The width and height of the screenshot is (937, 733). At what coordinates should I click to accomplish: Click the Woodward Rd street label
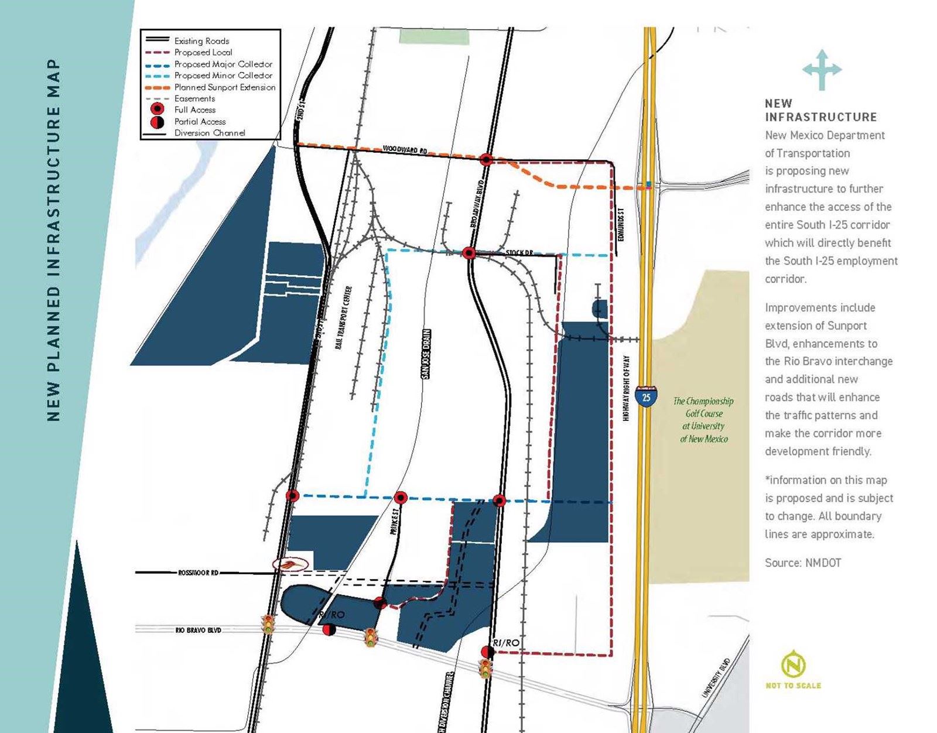pos(405,150)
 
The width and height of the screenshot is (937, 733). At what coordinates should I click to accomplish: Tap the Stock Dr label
pos(519,253)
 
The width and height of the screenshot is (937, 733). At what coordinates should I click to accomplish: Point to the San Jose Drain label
pos(427,354)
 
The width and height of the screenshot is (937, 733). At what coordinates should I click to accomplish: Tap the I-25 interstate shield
pos(645,396)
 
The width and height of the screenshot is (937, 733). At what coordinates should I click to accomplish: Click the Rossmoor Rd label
pos(198,573)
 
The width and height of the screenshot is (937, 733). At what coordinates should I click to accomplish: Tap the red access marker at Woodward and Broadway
pos(485,159)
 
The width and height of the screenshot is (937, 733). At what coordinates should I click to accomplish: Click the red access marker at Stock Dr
pos(468,253)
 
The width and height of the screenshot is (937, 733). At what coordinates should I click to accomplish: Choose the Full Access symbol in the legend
pos(157,109)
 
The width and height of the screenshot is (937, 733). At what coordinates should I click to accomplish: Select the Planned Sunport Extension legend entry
pos(224,87)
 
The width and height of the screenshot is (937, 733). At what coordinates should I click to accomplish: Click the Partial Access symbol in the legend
pos(157,122)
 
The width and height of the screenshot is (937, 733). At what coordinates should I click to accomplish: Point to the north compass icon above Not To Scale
pos(793,665)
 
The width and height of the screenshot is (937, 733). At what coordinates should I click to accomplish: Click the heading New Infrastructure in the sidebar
pos(820,110)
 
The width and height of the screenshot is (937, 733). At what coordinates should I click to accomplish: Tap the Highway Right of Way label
pos(626,388)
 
